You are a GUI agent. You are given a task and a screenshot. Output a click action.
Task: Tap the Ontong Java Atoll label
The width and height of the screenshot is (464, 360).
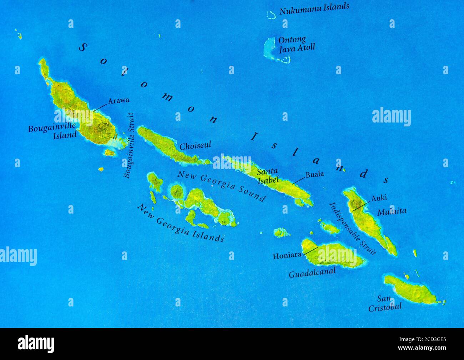pyautogui.click(x=297, y=44)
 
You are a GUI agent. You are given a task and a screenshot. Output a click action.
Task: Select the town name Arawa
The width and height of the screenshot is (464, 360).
pyautogui.click(x=118, y=101)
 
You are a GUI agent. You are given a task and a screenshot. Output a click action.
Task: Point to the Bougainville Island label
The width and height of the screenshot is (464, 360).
pyautogui.click(x=52, y=130)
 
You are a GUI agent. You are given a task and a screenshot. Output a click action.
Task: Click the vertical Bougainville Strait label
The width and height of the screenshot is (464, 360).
pyautogui.click(x=129, y=145)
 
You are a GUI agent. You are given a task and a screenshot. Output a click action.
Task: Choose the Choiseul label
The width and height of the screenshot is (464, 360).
pyautogui.click(x=195, y=145)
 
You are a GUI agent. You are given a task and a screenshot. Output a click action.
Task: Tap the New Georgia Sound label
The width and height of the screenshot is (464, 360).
pyautogui.click(x=221, y=186)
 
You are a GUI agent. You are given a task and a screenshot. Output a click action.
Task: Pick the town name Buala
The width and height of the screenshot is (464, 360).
pyautogui.click(x=315, y=174)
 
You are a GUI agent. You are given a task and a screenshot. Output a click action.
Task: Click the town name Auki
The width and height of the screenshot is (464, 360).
pyautogui.click(x=379, y=198)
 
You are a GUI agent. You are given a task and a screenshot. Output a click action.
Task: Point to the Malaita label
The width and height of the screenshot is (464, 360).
pyautogui.click(x=392, y=211)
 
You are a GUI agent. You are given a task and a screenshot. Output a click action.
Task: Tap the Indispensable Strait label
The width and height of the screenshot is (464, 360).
pyautogui.click(x=352, y=229)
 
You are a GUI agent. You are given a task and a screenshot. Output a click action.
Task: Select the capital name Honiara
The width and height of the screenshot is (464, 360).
pyautogui.click(x=287, y=256)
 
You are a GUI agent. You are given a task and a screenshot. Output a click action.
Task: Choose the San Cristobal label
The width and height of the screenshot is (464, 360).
pyautogui.click(x=385, y=303)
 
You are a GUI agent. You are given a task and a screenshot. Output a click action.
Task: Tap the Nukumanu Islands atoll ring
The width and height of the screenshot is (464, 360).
pyautogui.click(x=271, y=15)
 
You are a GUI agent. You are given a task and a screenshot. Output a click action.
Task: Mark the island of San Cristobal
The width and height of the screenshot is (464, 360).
pyautogui.click(x=410, y=290)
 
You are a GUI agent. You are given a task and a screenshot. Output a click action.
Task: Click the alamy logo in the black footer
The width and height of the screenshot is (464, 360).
pyautogui.click(x=36, y=344)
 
